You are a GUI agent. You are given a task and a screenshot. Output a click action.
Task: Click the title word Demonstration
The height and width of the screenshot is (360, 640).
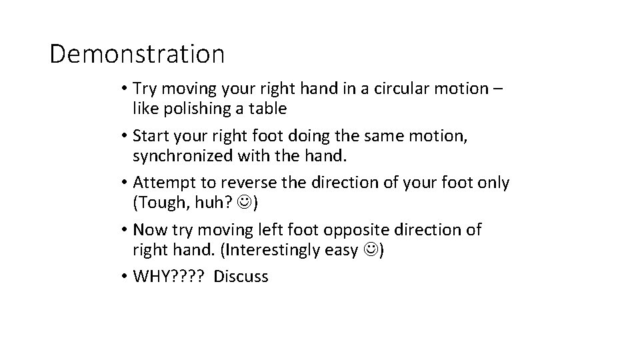(137, 54)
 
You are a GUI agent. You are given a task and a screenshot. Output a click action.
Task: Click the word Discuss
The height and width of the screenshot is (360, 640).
(241, 277)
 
